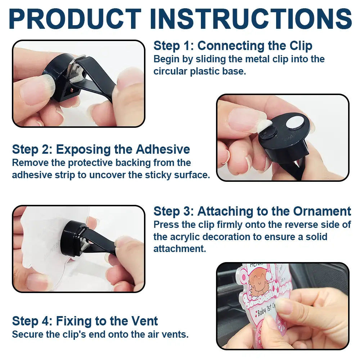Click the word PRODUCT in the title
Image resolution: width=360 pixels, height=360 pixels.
pos(75,19)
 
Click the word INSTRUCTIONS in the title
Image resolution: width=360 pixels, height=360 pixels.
pos(251,19)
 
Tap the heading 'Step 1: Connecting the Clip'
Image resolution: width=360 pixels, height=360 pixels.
pos(233,46)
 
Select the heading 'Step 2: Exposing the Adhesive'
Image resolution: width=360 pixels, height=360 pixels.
pos(101,149)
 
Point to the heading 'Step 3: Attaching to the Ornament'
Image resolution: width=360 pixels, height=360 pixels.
pos(252,211)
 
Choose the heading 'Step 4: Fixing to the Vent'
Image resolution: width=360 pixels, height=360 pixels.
pos(85,321)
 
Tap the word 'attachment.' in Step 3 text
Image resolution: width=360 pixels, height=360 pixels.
pos(180,249)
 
